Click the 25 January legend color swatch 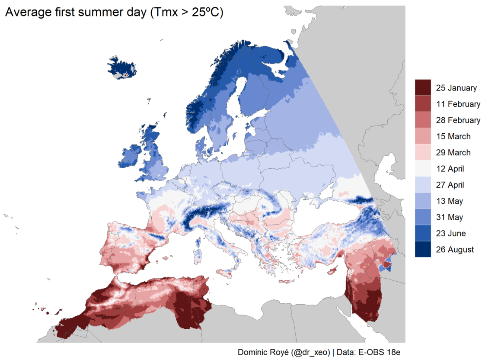[x=423, y=87]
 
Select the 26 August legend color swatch [x=423, y=249]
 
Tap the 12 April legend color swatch [x=423, y=168]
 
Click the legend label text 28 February [x=458, y=120]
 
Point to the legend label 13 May [x=449, y=201]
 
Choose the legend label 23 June [x=451, y=234]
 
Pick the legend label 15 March [x=453, y=136]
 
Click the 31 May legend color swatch [x=423, y=217]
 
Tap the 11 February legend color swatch [x=423, y=104]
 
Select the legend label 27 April [x=450, y=185]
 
